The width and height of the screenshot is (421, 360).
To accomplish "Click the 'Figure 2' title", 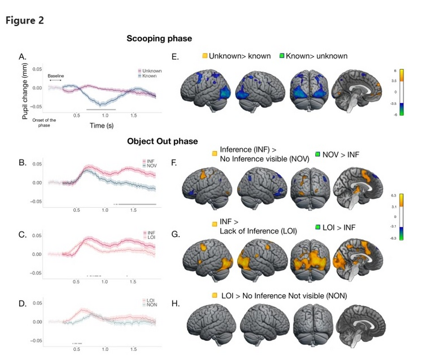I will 25,20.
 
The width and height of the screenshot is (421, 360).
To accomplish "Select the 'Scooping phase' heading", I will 159,39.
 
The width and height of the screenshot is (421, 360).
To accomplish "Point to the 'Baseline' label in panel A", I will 55,76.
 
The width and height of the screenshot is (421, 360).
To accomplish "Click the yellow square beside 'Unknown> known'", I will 204,57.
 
